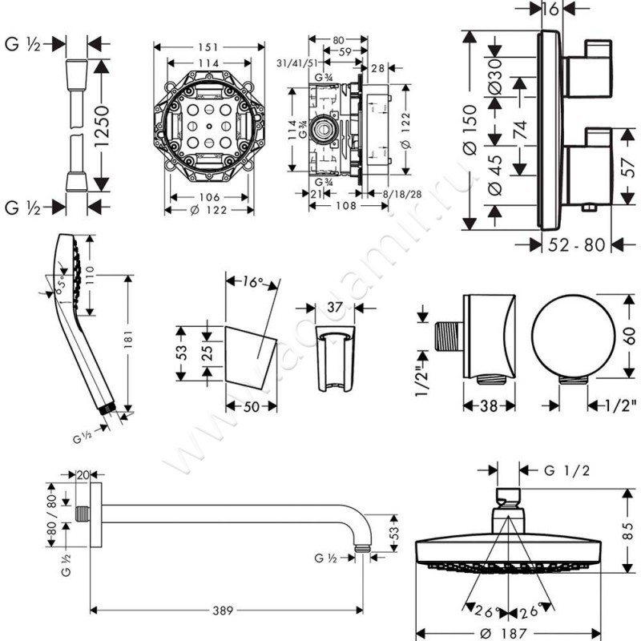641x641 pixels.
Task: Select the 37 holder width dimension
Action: [x=335, y=307]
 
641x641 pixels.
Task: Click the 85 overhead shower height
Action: [x=629, y=530]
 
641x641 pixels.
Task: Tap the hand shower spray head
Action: [x=67, y=268]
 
